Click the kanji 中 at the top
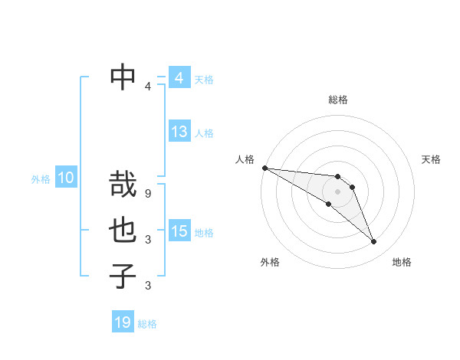pos(123,75)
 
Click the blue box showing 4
pos(179,78)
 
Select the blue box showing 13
pos(179,132)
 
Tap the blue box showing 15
pos(179,231)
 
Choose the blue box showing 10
pos(65,178)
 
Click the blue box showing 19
pos(123,322)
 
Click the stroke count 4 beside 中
pos(148,87)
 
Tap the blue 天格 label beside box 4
pos(204,80)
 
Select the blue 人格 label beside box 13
pos(204,133)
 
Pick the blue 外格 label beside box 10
pos(41,179)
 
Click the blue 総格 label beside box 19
pos(148,324)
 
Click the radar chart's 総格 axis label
pos(338,100)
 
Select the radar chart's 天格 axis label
pos(432,159)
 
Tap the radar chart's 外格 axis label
pos(270,262)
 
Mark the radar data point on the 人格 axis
pos(264,167)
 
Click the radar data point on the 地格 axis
pos(374,242)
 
